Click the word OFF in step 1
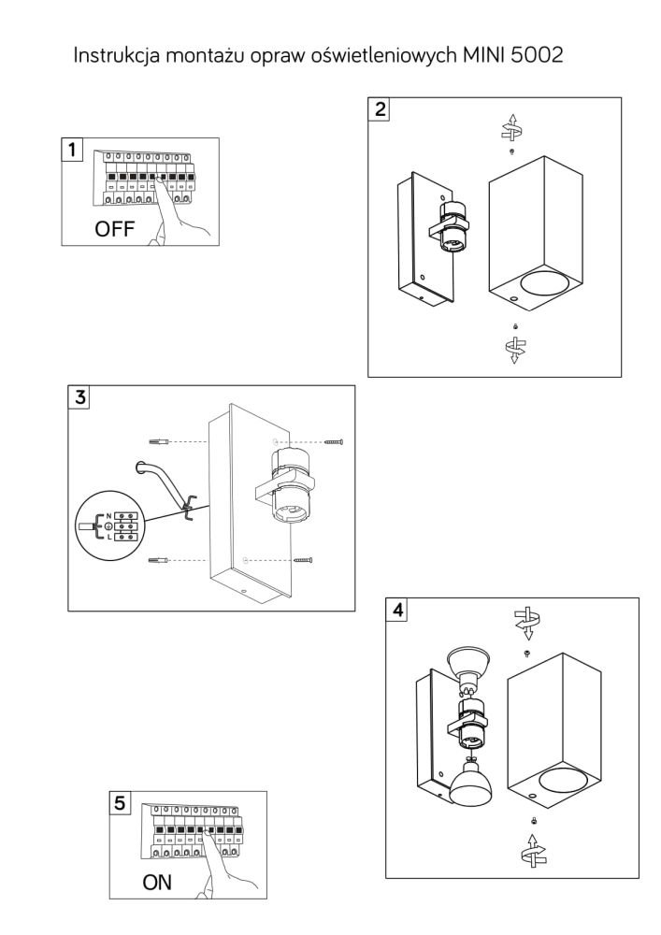click(114, 228)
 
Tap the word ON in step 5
click(157, 882)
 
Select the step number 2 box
click(380, 109)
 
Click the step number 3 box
click(79, 397)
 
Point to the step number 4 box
click(397, 610)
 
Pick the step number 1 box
click(72, 149)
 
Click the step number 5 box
click(120, 802)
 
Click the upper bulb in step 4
click(467, 668)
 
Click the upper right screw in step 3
click(334, 442)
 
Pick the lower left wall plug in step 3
click(158, 560)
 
